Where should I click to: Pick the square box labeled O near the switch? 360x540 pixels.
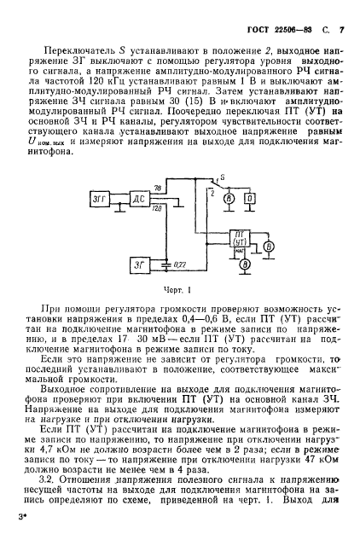[251, 199]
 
